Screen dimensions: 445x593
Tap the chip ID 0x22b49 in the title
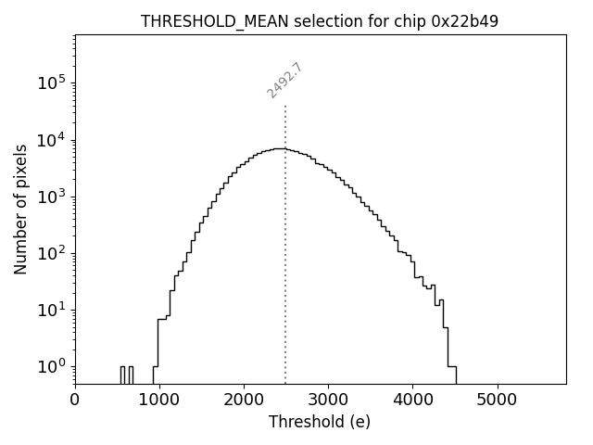click(465, 21)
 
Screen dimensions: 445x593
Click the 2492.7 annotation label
click(284, 80)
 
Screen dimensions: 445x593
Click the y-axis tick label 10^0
click(52, 366)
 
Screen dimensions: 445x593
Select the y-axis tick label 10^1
click(52, 310)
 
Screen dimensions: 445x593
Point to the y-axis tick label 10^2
click(52, 253)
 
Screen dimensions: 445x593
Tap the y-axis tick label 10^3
click(52, 197)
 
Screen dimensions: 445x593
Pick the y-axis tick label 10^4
click(52, 140)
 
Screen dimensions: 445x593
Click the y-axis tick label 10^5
click(52, 83)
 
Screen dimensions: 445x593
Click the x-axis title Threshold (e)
click(320, 423)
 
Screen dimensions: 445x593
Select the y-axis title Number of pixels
click(20, 210)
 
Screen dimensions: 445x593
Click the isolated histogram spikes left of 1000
click(126, 374)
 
